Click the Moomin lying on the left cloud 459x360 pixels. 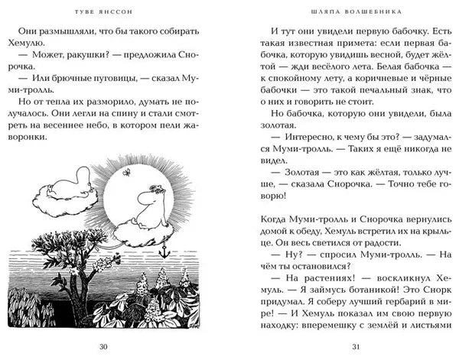point(68,188)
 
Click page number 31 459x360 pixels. point(353,347)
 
